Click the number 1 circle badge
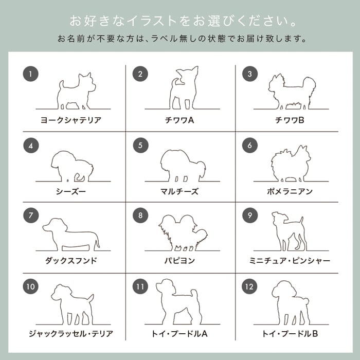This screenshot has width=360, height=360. [30, 74]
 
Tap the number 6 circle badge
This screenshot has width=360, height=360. [250, 145]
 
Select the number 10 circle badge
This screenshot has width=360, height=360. [30, 286]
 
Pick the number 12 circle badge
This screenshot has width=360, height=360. [249, 286]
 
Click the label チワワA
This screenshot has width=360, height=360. [179, 120]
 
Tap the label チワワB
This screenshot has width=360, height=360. [290, 120]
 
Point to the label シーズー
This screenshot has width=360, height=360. [71, 191]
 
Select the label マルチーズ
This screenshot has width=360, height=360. [179, 191]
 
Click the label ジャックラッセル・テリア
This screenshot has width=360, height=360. [71, 334]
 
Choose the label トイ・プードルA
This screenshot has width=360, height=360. [179, 334]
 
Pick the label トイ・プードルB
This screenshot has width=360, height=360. [290, 334]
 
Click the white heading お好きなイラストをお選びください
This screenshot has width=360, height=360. [183, 21]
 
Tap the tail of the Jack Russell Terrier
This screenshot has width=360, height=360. [91, 299]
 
